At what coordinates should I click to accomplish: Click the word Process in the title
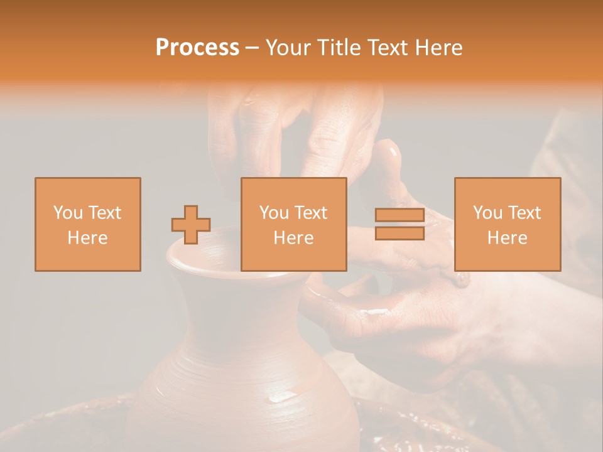click(x=197, y=48)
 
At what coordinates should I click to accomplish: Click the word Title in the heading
click(x=337, y=48)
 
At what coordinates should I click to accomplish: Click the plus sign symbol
click(x=191, y=225)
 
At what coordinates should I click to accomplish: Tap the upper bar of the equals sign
click(x=399, y=215)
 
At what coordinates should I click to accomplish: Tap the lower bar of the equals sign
click(x=399, y=234)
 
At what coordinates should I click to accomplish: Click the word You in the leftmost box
click(x=68, y=213)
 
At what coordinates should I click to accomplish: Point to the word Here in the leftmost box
click(x=87, y=238)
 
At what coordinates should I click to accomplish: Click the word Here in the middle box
click(x=293, y=238)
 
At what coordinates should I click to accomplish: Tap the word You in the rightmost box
click(x=487, y=213)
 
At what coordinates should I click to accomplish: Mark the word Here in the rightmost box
click(x=507, y=238)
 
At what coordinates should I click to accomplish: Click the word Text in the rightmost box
click(x=525, y=213)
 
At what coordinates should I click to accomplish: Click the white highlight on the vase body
click(x=283, y=396)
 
